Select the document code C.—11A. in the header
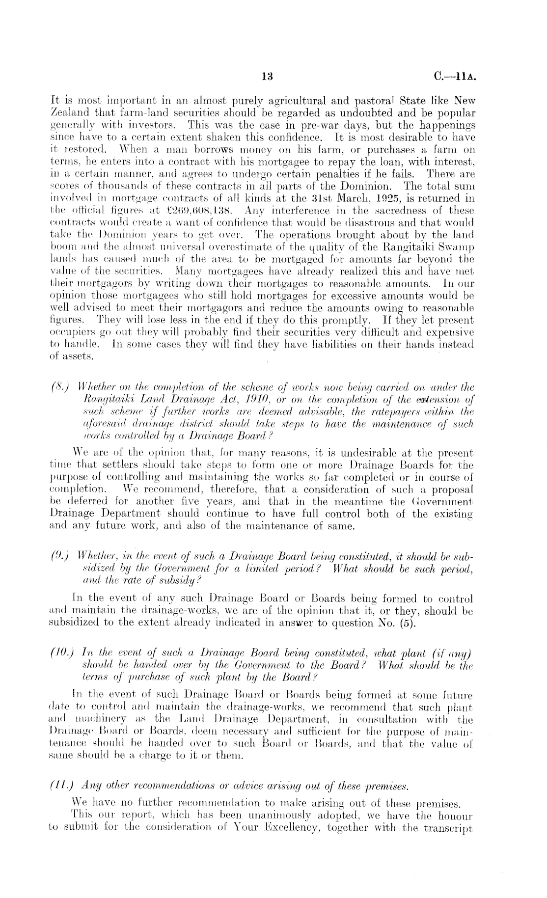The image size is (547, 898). (455, 77)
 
